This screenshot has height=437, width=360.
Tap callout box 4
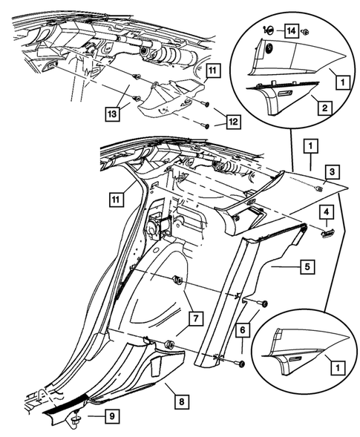point(326,212)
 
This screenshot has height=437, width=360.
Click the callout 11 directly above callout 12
point(213,72)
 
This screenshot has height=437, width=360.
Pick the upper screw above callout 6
point(263,303)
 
